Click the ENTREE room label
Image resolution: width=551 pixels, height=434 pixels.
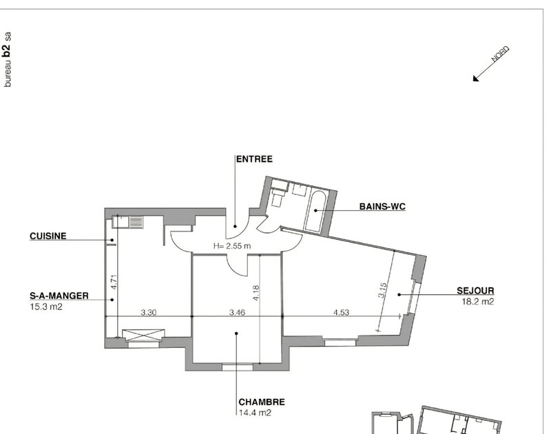pos(254,159)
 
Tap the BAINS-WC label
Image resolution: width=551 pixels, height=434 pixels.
pos(382,207)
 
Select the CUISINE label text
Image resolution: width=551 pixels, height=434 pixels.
pos(48,236)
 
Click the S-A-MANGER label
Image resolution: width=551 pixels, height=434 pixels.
pos(59,296)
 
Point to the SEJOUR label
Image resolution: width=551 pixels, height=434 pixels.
pos(475,291)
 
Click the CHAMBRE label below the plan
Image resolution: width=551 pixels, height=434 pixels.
pos(262,402)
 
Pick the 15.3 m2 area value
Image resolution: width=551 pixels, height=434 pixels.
pos(46,307)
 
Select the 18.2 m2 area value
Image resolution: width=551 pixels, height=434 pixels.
pos(478,302)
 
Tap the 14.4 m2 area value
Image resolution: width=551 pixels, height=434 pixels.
pos(255,413)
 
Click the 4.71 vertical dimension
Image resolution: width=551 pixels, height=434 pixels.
pos(113,282)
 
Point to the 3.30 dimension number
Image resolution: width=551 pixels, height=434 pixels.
pos(149,312)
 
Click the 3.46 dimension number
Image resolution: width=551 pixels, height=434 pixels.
pos(237,312)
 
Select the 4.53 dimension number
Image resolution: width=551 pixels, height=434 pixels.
pos(341,312)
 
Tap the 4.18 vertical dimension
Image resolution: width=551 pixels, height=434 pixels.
pos(256,293)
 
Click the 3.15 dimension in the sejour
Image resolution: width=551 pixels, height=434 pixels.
pos(382,290)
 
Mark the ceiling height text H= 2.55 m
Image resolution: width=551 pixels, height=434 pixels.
pos(232,246)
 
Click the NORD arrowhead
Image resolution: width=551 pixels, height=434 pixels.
pos(476,79)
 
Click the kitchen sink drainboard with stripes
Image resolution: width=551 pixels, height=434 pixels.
pos(136,222)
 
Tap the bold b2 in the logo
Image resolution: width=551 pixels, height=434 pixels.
pos(7,51)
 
